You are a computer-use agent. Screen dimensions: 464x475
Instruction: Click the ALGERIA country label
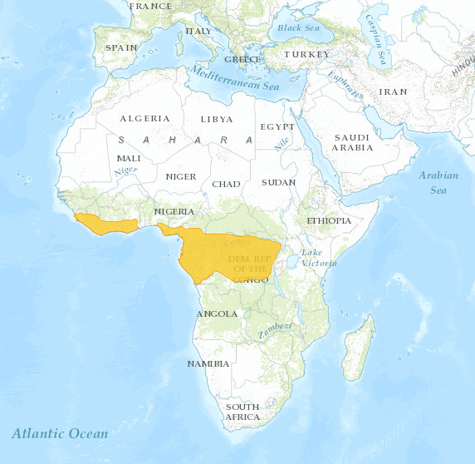[x=144, y=119]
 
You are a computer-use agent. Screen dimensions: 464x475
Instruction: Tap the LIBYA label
[x=217, y=119]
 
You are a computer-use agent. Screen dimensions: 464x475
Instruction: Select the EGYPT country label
[x=277, y=126]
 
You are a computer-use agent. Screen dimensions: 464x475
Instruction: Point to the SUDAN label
[x=279, y=182]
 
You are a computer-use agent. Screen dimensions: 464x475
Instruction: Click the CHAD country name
[x=226, y=184]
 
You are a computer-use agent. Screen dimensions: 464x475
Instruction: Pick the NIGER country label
[x=181, y=176]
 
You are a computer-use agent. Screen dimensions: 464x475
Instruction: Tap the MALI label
[x=129, y=158]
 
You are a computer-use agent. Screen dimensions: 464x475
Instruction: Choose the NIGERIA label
[x=174, y=211]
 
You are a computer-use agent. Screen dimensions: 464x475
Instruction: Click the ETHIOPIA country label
[x=329, y=221]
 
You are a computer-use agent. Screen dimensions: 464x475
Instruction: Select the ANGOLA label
[x=217, y=314]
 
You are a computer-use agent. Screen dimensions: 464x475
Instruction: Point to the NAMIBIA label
[x=208, y=363]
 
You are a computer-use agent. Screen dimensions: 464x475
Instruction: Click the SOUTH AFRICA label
[x=242, y=412]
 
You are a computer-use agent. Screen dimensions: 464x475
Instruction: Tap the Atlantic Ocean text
[x=60, y=433]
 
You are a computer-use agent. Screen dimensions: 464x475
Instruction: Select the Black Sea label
[x=298, y=27]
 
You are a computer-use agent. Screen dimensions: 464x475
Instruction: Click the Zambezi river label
[x=275, y=329]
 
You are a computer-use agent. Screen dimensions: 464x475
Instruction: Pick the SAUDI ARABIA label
[x=352, y=142]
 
